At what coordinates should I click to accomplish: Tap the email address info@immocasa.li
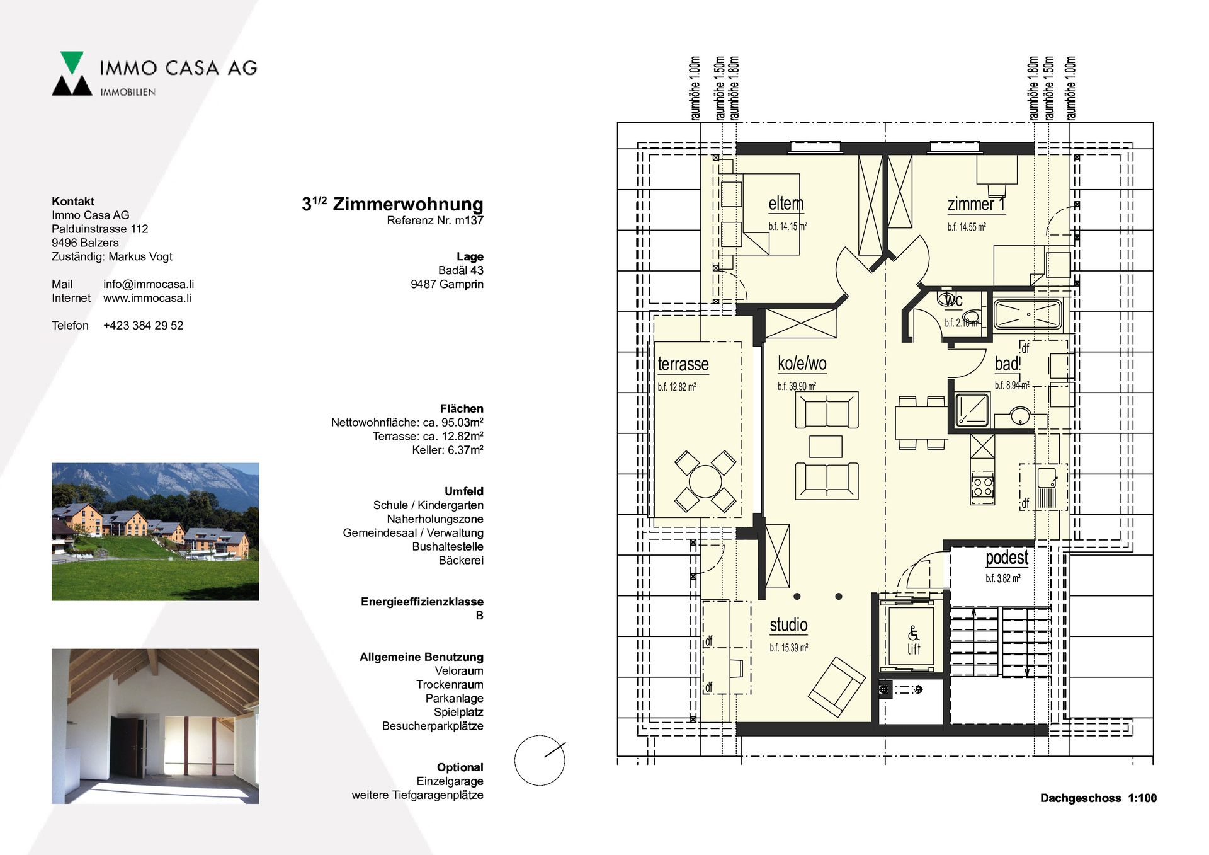(x=149, y=284)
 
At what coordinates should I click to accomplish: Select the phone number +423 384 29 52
(x=143, y=326)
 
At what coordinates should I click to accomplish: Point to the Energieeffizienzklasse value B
(x=479, y=616)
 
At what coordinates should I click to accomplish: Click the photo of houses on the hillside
(x=155, y=532)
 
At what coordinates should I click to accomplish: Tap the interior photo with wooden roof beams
(x=155, y=726)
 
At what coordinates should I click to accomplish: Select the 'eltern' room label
(x=786, y=204)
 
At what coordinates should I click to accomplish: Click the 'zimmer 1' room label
(x=976, y=204)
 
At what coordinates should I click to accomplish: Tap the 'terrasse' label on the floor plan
(x=683, y=364)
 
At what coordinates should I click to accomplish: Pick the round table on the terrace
(x=705, y=481)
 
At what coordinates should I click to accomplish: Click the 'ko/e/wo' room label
(x=802, y=364)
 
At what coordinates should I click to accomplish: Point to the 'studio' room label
(x=788, y=624)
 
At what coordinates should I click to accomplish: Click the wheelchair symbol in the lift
(x=913, y=633)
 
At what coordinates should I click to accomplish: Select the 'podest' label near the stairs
(x=1007, y=558)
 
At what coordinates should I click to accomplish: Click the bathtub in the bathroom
(x=1028, y=314)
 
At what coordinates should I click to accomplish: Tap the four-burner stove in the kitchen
(x=982, y=487)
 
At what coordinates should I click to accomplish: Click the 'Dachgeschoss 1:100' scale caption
(x=1098, y=798)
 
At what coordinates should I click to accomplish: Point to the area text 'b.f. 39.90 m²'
(x=797, y=386)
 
